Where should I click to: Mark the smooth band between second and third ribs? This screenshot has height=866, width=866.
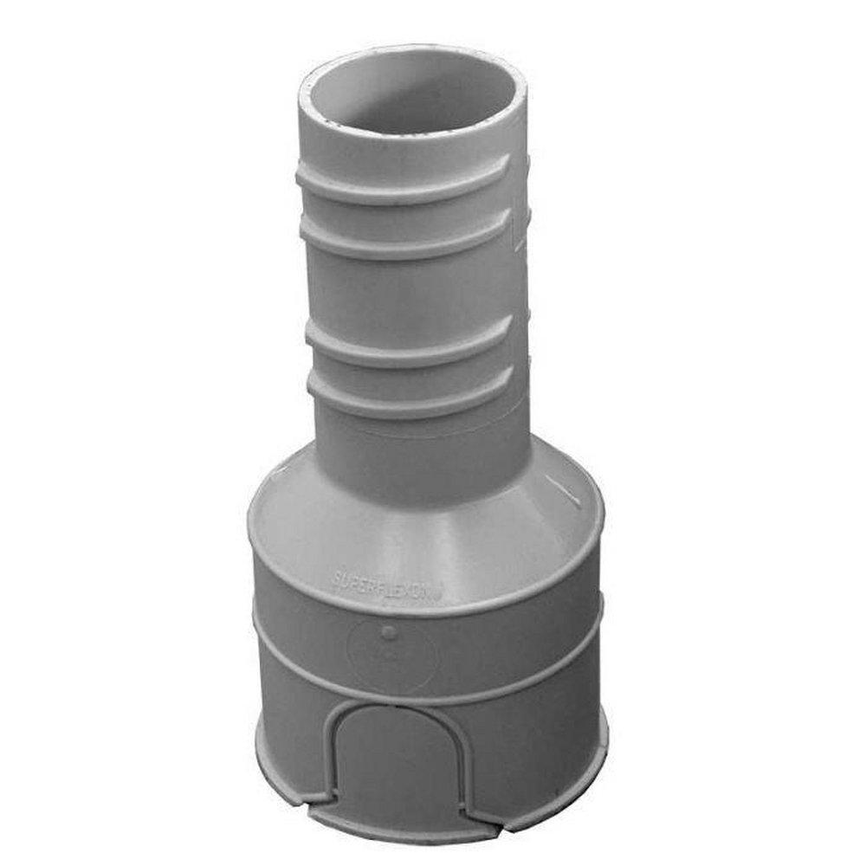(411, 286)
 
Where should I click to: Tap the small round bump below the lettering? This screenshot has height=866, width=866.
(389, 633)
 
